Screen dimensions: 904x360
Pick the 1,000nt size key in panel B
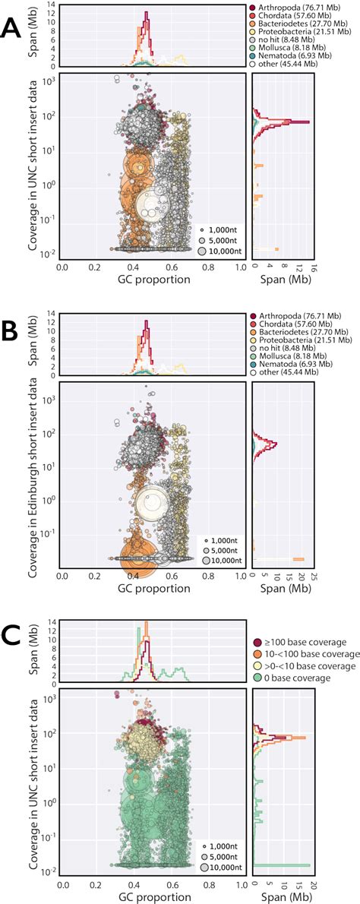point(222,539)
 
